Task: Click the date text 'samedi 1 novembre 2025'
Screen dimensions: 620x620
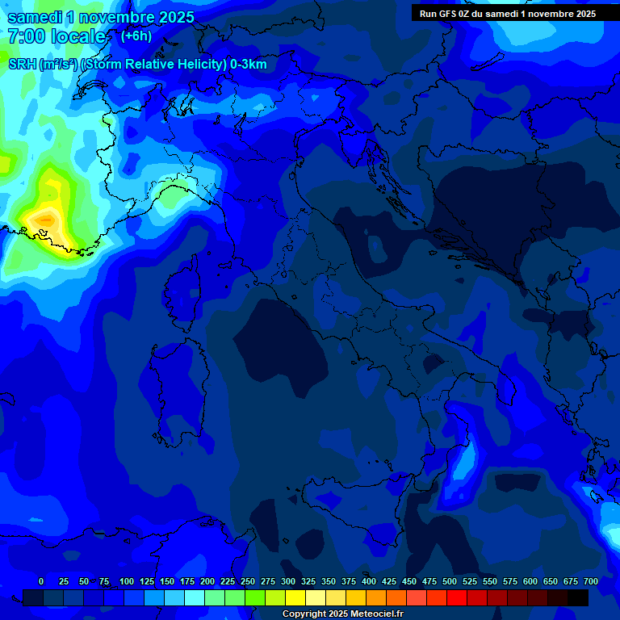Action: click(101, 17)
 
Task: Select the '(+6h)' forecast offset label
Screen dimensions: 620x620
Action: click(136, 36)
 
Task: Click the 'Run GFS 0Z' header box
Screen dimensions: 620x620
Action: click(508, 14)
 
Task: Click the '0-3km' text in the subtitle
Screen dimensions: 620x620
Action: click(249, 65)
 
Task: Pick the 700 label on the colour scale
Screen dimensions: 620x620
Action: click(591, 581)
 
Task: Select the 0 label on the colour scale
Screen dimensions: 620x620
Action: click(41, 581)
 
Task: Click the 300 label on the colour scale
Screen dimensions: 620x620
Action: click(288, 581)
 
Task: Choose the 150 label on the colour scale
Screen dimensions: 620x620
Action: click(167, 581)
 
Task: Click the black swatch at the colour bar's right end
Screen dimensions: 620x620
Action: click(578, 597)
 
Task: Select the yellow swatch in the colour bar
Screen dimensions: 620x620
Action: click(295, 597)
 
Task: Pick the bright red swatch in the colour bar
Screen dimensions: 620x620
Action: click(457, 597)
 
